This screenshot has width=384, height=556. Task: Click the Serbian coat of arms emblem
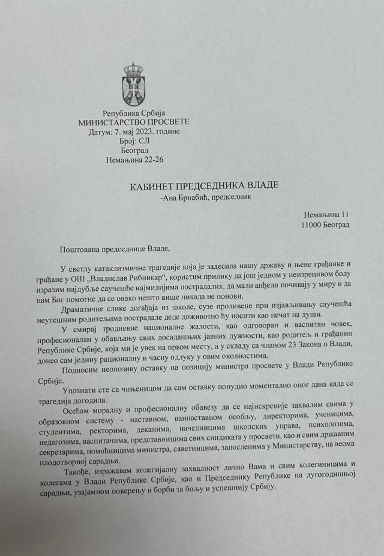pos(133,84)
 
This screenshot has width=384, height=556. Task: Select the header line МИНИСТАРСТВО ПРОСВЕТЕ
pos(134,122)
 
